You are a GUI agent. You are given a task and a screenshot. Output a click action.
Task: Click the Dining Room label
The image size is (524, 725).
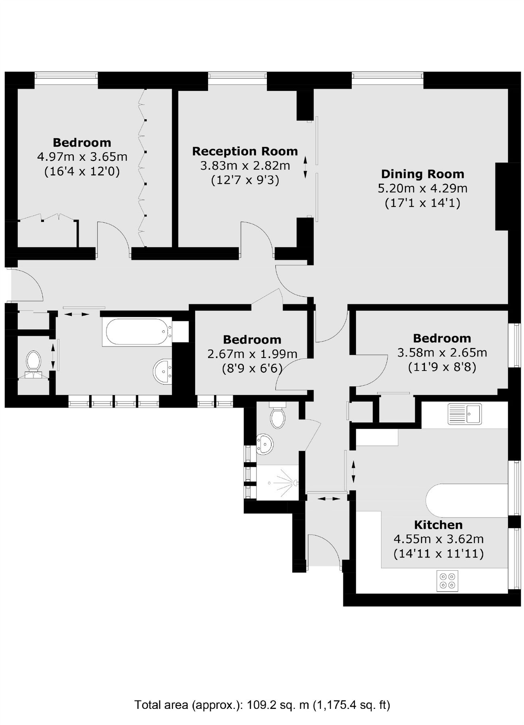[422, 174]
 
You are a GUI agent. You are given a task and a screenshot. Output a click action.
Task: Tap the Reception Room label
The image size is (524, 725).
[245, 151]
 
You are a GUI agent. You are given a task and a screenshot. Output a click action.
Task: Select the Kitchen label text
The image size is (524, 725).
[438, 525]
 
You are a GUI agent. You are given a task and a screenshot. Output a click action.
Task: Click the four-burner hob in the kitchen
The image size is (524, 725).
[447, 581]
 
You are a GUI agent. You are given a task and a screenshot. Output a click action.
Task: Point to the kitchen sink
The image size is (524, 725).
[464, 414]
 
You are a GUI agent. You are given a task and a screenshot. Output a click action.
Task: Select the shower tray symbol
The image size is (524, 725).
[278, 483]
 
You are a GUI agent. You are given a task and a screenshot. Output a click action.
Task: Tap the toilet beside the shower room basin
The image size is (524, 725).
[278, 417]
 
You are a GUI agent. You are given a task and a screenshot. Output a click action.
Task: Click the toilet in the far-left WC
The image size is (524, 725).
[33, 362]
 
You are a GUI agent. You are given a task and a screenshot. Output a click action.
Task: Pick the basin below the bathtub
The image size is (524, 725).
[163, 371]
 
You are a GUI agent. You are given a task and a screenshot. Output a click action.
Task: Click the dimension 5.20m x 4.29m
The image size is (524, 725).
[422, 188]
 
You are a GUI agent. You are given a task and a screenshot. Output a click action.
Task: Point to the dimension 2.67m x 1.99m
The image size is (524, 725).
[252, 354]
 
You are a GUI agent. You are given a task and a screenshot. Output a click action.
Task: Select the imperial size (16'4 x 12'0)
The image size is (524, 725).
[82, 171]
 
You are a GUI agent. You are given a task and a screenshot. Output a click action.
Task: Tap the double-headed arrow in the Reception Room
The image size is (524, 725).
[305, 167]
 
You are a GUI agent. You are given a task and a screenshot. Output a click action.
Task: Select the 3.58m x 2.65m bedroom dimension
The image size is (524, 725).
[442, 352]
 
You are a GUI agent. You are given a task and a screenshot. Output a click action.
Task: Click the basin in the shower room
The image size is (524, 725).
[265, 444]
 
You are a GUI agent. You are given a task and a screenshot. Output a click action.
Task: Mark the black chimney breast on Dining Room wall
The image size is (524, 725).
[502, 196]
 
